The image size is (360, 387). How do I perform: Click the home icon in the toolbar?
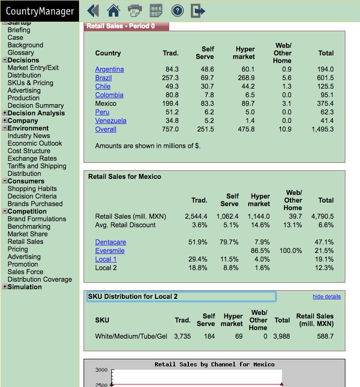[x=113, y=11]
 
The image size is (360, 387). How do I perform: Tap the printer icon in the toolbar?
[x=134, y=11]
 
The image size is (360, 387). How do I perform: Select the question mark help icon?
[x=178, y=11]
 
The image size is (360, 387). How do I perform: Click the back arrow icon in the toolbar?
[x=93, y=11]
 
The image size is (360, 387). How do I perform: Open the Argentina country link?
[x=109, y=70]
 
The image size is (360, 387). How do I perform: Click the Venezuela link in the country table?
[x=111, y=121]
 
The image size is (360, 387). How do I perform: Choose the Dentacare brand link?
[x=110, y=242]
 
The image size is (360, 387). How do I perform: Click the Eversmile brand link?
[x=110, y=251]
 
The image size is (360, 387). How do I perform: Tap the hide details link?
[x=327, y=296]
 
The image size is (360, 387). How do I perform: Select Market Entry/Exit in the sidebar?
[x=33, y=68]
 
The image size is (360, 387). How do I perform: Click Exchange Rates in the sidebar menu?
[x=32, y=158]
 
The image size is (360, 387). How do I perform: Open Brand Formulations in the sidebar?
[x=37, y=219]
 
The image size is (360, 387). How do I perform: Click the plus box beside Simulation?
[x=5, y=287]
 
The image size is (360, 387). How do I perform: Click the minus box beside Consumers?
[x=5, y=181]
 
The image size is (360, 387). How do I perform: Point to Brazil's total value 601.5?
[x=325, y=78]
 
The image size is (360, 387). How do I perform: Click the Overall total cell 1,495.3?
[x=323, y=130]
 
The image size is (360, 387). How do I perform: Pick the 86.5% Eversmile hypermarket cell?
[x=260, y=251]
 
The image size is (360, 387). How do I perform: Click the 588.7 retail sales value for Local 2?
[x=325, y=337]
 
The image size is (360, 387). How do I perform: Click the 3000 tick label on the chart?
[x=101, y=370]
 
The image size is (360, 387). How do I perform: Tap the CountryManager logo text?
[x=40, y=12]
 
